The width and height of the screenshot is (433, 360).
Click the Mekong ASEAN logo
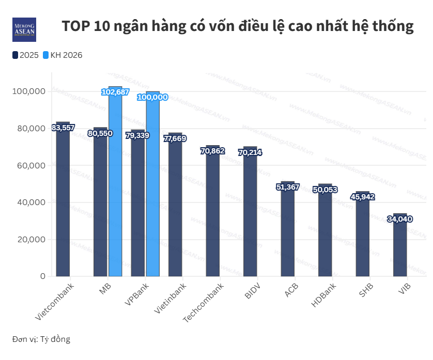[x=24, y=29]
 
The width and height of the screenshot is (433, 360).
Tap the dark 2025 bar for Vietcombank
[x=63, y=207]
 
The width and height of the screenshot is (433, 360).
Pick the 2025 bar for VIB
[x=400, y=248]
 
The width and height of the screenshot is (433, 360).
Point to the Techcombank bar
[x=213, y=217]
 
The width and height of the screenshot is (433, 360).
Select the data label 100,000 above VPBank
[x=152, y=97]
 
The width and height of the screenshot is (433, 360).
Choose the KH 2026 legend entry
[x=63, y=55]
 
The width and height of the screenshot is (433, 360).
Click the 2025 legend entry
[x=26, y=55]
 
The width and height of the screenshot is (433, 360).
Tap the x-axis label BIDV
[x=253, y=291]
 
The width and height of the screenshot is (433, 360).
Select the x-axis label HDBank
[x=324, y=296]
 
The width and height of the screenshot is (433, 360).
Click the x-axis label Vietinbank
[x=171, y=299]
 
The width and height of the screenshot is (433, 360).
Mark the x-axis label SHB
[x=365, y=290]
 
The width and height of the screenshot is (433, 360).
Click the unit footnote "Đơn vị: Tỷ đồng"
[x=41, y=339]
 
